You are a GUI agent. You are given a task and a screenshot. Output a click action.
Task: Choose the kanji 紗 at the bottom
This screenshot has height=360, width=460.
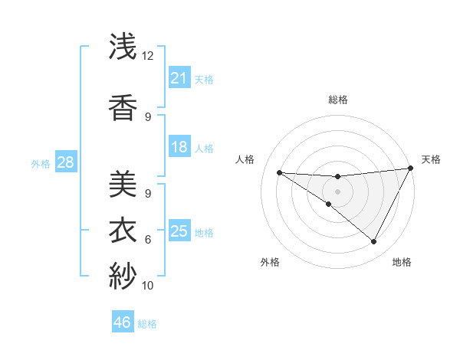(123, 274)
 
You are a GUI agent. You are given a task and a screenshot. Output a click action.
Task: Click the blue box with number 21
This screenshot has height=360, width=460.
(179, 77)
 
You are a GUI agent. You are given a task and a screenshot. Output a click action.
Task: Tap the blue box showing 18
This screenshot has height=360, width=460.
(179, 147)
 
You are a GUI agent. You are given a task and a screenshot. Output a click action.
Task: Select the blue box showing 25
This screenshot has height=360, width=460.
(179, 231)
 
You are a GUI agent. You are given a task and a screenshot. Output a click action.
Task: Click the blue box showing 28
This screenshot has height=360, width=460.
(65, 162)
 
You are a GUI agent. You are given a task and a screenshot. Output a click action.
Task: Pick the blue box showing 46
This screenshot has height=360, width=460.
(123, 322)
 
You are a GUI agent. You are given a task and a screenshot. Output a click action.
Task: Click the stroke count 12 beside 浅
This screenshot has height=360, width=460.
(148, 56)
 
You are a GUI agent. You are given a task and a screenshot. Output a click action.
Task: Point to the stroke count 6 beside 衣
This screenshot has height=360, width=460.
(148, 239)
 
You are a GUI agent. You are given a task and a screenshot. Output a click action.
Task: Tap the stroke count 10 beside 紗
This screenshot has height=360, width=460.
(148, 286)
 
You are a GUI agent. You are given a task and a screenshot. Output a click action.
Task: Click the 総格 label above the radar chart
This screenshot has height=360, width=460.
(337, 100)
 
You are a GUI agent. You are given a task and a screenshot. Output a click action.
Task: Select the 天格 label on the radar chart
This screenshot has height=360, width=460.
(431, 159)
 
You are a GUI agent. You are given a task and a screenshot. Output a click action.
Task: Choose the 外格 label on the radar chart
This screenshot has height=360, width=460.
(270, 262)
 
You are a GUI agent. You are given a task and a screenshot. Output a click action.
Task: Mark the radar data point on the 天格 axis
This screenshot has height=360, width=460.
(411, 169)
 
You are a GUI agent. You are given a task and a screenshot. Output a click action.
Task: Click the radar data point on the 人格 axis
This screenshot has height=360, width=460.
(279, 172)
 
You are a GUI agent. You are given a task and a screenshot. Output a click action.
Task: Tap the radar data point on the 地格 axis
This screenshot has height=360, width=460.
(374, 242)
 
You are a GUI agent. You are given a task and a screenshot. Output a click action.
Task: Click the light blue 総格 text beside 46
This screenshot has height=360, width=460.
(147, 323)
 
